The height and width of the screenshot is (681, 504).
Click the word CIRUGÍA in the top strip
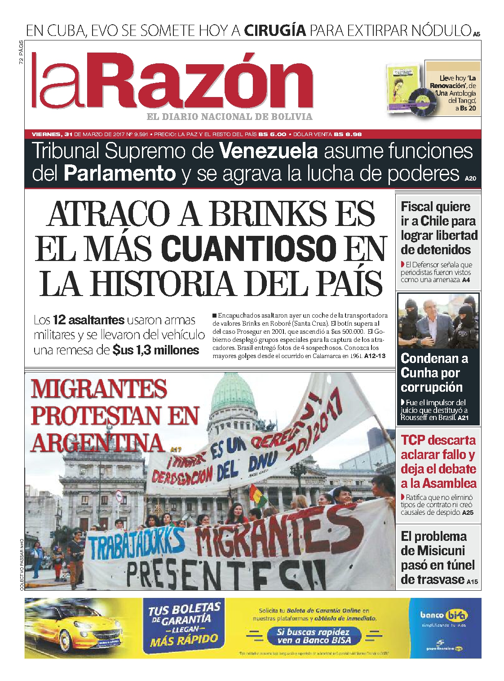(275, 31)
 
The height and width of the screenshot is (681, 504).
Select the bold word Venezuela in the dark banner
(269, 152)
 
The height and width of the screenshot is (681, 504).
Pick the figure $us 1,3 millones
(156, 350)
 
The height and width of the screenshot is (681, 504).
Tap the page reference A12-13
(375, 356)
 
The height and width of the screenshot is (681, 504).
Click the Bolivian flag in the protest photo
(258, 495)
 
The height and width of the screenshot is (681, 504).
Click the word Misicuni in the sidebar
(441, 551)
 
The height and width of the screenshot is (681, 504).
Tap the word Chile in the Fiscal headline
(435, 221)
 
